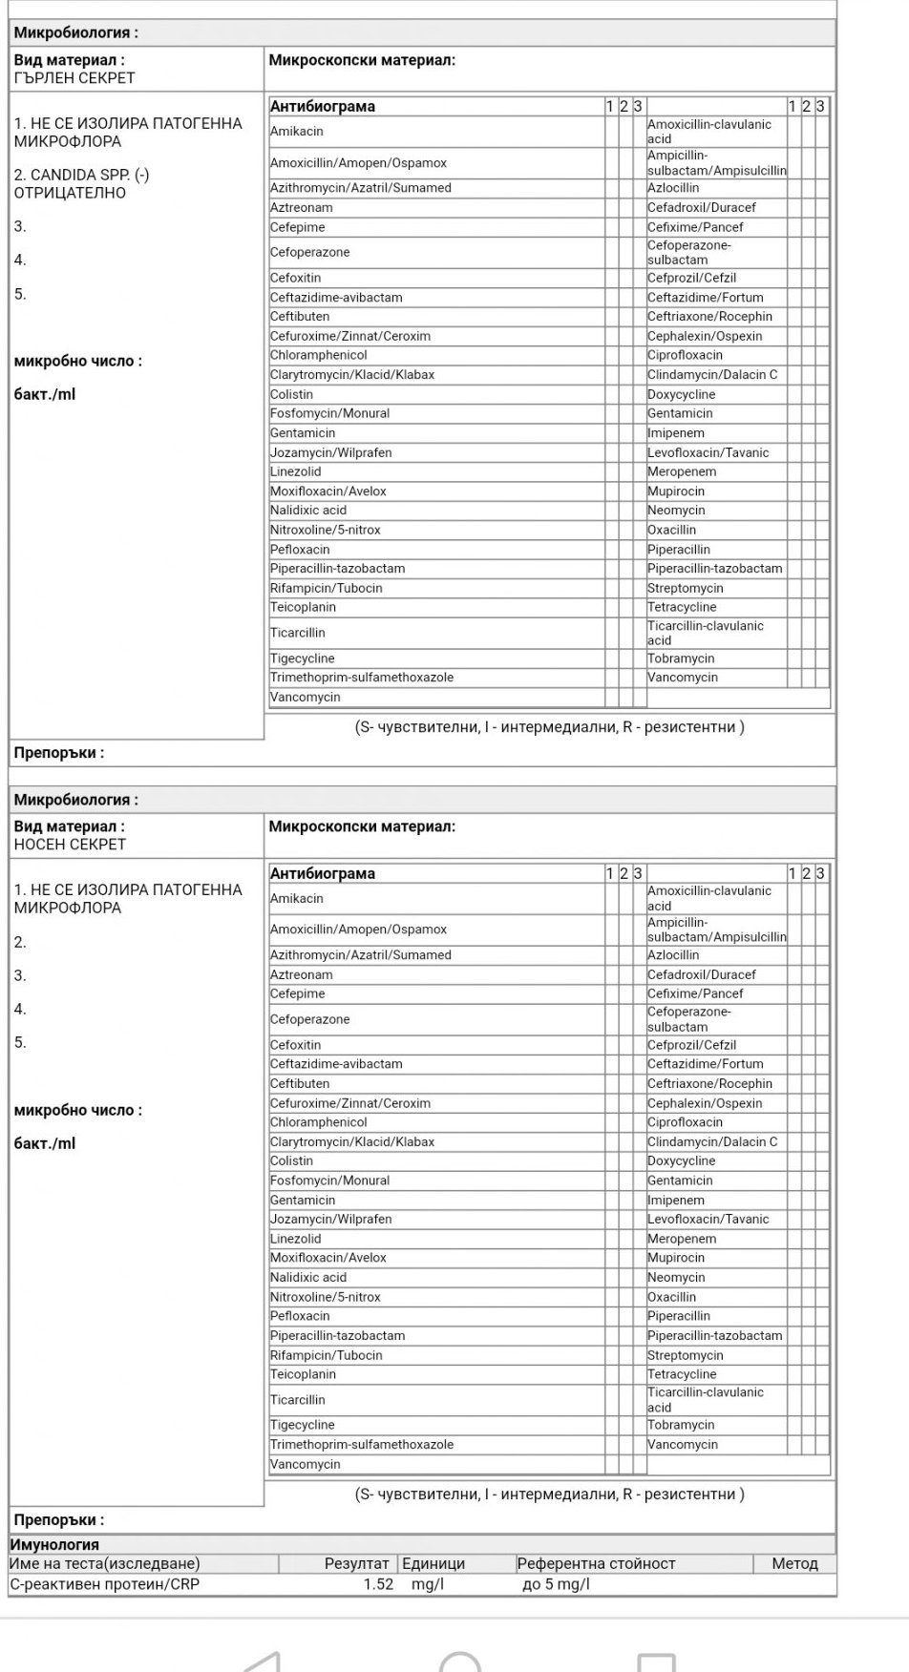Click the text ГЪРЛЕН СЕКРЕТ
(74, 78)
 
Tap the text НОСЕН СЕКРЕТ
(70, 845)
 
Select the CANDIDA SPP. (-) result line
(81, 175)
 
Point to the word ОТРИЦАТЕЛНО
(70, 193)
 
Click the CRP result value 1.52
(378, 1584)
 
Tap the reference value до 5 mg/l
(556, 1584)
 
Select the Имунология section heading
(54, 1544)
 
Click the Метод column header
(794, 1563)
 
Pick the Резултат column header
(356, 1563)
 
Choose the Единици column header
(433, 1563)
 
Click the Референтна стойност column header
(596, 1563)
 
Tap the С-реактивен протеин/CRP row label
(105, 1584)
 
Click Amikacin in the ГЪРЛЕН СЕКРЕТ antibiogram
(297, 132)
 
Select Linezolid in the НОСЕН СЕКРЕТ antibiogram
(296, 1239)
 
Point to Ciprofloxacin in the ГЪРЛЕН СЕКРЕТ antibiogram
(685, 355)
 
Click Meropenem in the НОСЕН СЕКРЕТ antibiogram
(682, 1239)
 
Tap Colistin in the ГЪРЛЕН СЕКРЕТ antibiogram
(291, 394)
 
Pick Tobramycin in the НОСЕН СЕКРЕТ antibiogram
(681, 1425)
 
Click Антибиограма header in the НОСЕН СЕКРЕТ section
(323, 873)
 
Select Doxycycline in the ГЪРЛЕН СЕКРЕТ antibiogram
(681, 394)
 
